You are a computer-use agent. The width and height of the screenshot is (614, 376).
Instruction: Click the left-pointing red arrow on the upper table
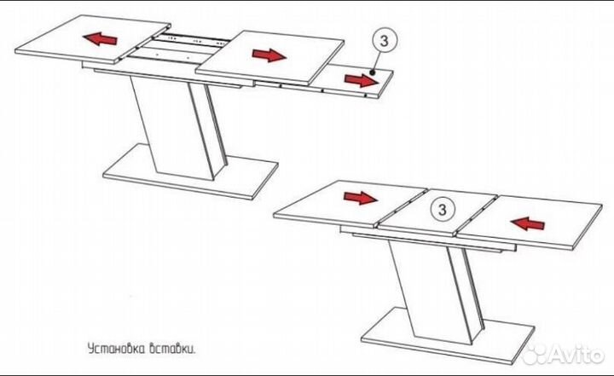click(100, 39)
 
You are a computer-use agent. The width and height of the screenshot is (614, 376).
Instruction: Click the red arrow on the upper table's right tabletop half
click(269, 55)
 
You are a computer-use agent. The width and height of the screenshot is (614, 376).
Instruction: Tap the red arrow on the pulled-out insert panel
click(362, 80)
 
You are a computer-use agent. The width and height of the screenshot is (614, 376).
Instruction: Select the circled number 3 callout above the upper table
click(384, 40)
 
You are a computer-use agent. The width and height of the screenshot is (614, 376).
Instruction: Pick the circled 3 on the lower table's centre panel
click(442, 210)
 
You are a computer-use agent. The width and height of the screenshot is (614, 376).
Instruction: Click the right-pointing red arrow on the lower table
click(360, 198)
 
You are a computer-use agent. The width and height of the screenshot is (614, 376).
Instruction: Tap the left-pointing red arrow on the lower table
click(528, 223)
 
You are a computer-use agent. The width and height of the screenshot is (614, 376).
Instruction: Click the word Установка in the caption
click(116, 349)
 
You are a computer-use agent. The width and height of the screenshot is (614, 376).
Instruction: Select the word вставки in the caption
click(172, 349)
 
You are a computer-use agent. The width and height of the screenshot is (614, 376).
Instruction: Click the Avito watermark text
click(576, 356)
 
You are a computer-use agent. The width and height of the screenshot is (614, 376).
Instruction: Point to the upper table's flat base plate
click(191, 172)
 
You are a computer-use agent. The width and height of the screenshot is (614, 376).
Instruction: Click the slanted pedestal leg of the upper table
click(178, 126)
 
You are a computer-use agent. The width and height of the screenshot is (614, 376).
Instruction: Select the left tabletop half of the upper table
click(93, 39)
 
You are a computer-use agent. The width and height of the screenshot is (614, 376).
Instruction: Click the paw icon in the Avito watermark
click(535, 355)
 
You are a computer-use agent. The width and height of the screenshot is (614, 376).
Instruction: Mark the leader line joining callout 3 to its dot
click(378, 62)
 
